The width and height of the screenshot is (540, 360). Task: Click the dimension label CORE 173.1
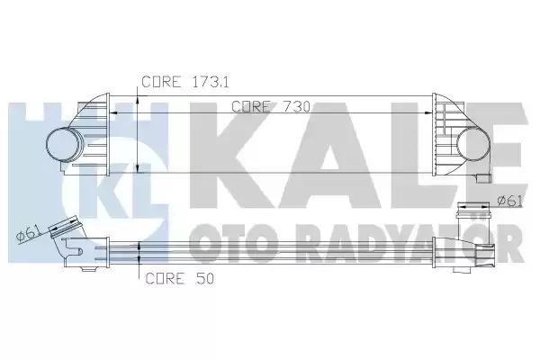pos(185,82)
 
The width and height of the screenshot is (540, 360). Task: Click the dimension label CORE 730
pos(271,106)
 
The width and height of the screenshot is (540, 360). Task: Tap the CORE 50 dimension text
pos(179,278)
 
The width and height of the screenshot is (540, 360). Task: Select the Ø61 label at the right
pos(509,200)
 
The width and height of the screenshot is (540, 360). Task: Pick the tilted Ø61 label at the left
pos(28,234)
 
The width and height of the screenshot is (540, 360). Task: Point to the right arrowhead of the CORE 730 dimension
pos(428,112)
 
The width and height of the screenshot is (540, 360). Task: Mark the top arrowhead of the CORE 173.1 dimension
pos(138,98)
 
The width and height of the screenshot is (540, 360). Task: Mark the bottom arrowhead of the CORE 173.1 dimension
pos(138,167)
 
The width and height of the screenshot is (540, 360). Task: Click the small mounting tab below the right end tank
pos(484,178)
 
